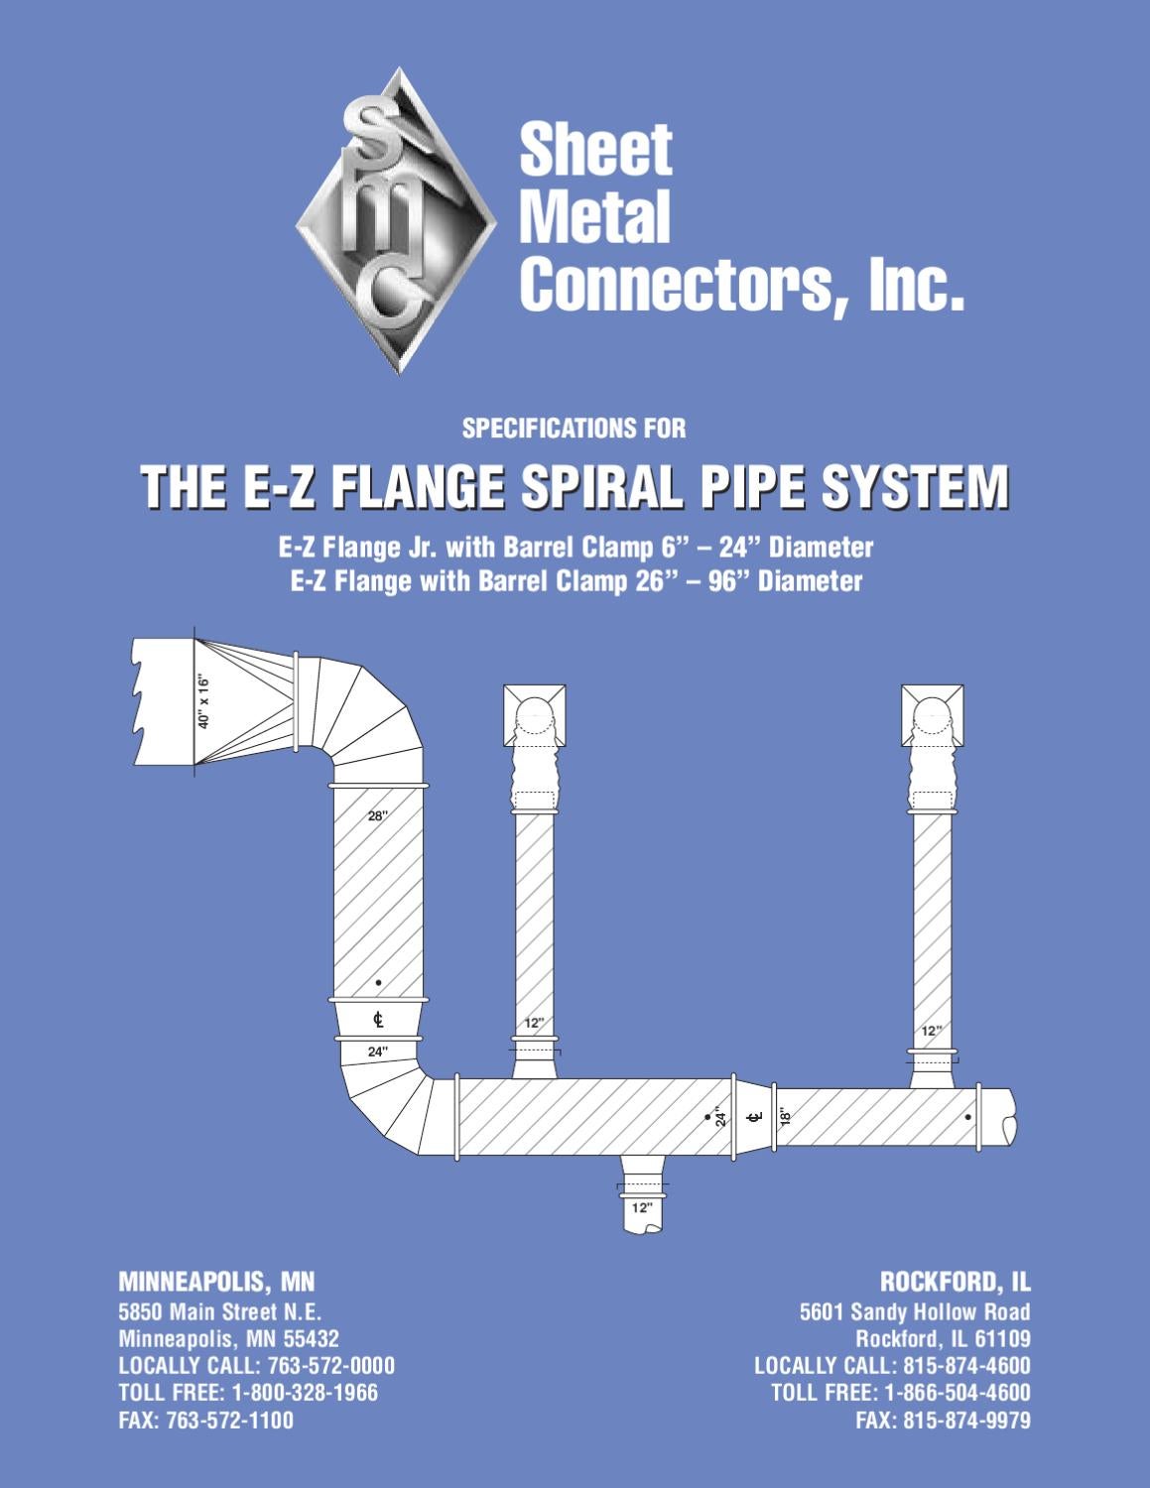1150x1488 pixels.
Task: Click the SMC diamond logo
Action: (x=396, y=220)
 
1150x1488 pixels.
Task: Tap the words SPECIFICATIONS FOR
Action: (x=574, y=429)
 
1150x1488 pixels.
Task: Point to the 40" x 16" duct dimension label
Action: (x=203, y=701)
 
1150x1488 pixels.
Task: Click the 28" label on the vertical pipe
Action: (x=377, y=816)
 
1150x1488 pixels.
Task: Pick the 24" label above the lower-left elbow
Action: (x=378, y=1051)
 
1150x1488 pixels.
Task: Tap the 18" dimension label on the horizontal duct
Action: (x=783, y=1118)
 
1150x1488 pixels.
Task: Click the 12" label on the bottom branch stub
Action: (x=641, y=1207)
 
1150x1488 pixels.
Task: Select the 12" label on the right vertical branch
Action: (x=931, y=1031)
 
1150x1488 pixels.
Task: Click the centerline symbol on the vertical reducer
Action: (x=378, y=1019)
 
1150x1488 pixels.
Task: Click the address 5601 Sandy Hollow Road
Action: (x=915, y=1312)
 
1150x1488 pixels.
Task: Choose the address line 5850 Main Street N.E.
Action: (x=219, y=1312)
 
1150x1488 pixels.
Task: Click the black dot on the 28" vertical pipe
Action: (x=378, y=983)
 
